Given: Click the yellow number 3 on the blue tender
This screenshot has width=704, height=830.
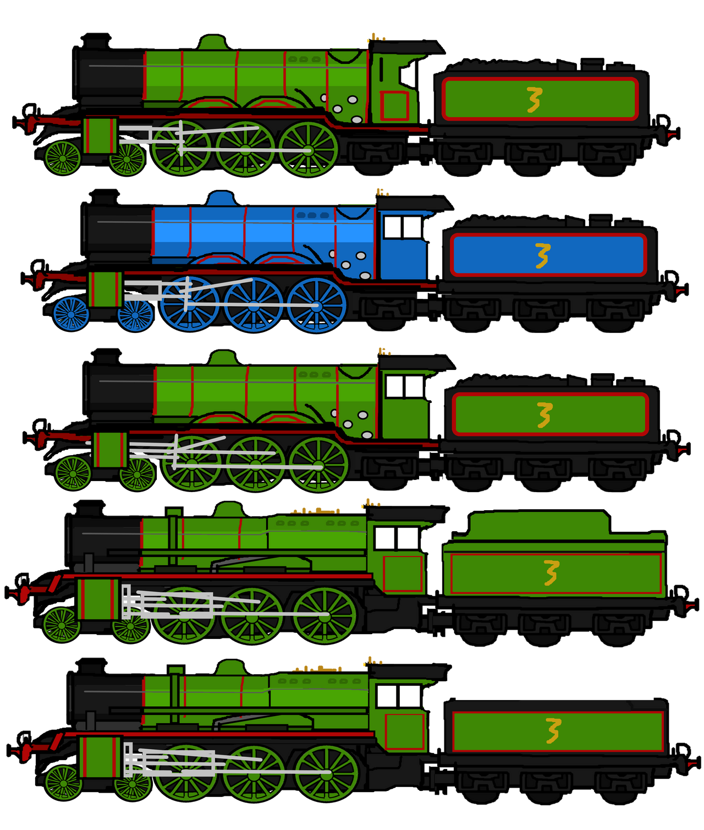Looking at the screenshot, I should [542, 256].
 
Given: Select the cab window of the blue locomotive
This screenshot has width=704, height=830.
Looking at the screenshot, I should [403, 227].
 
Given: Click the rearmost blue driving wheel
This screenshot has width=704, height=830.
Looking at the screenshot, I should [316, 305].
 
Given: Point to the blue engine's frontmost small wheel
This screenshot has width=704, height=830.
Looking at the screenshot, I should [71, 314].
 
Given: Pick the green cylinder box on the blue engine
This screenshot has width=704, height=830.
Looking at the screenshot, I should [105, 289].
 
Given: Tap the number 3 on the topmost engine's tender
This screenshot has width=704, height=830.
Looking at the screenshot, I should [534, 100].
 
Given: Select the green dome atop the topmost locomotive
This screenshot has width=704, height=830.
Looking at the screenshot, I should [213, 43].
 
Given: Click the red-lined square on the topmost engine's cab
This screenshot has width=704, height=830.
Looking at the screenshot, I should [394, 105].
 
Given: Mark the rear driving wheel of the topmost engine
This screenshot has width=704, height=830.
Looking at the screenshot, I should [308, 149].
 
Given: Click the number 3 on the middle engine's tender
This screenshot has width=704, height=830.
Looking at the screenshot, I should [544, 415].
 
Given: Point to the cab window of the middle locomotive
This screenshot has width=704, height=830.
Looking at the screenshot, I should [404, 386].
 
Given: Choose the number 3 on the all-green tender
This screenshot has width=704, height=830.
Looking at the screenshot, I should [551, 573].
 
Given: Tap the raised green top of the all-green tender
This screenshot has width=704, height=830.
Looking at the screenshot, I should [539, 525].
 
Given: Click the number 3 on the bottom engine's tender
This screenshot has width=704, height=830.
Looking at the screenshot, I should [553, 731].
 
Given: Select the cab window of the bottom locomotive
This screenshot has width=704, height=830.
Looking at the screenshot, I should [399, 696].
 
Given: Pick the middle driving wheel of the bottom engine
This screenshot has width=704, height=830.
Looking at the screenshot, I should [254, 773].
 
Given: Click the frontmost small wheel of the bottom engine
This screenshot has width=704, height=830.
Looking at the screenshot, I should [63, 783].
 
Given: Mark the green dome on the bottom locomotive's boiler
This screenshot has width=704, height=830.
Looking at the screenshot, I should [230, 668].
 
